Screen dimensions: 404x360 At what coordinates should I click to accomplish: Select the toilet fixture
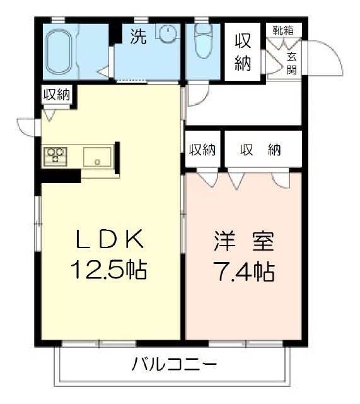click(203, 42)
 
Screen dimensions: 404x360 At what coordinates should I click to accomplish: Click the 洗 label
click(138, 37)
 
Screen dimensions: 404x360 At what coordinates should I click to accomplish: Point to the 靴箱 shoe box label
click(282, 30)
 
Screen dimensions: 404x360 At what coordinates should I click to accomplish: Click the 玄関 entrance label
click(292, 62)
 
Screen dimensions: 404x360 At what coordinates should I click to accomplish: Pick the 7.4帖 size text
click(243, 272)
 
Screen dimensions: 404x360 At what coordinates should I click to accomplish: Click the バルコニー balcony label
click(175, 364)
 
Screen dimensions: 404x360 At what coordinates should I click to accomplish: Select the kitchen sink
click(97, 157)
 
